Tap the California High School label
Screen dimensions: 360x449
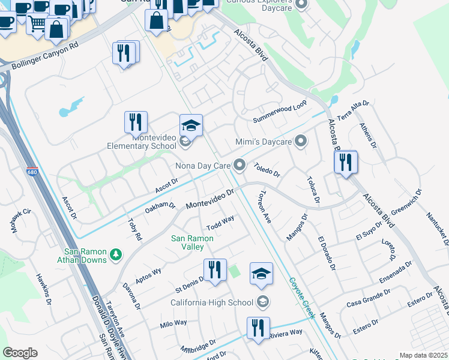tap(213, 302)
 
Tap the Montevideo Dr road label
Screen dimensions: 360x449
tap(209, 199)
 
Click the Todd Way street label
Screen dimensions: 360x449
tap(220, 223)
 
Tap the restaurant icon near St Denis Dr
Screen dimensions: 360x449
tap(214, 269)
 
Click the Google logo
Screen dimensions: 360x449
tap(20, 353)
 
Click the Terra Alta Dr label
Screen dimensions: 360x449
tap(353, 110)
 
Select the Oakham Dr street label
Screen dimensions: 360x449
tap(160, 208)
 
